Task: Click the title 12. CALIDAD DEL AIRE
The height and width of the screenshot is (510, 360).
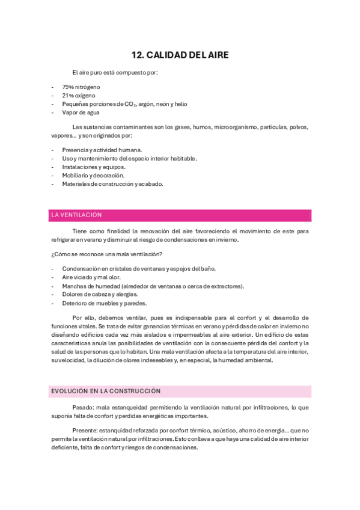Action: [180, 55]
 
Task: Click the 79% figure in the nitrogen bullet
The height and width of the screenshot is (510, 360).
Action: [67, 87]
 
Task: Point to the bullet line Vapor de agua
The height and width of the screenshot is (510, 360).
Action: [81, 112]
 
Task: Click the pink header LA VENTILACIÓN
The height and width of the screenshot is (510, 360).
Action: [77, 215]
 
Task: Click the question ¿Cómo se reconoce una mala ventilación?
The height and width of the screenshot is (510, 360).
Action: [107, 254]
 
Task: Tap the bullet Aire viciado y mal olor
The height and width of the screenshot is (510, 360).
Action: [91, 277]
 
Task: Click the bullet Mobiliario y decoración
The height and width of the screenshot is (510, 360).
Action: [93, 176]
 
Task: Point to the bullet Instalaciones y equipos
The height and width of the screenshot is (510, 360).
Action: [94, 167]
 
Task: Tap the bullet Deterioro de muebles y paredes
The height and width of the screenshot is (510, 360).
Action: [104, 303]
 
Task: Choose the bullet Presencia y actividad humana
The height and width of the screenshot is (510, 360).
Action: [102, 150]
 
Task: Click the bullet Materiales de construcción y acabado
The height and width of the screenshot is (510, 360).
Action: [112, 184]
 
